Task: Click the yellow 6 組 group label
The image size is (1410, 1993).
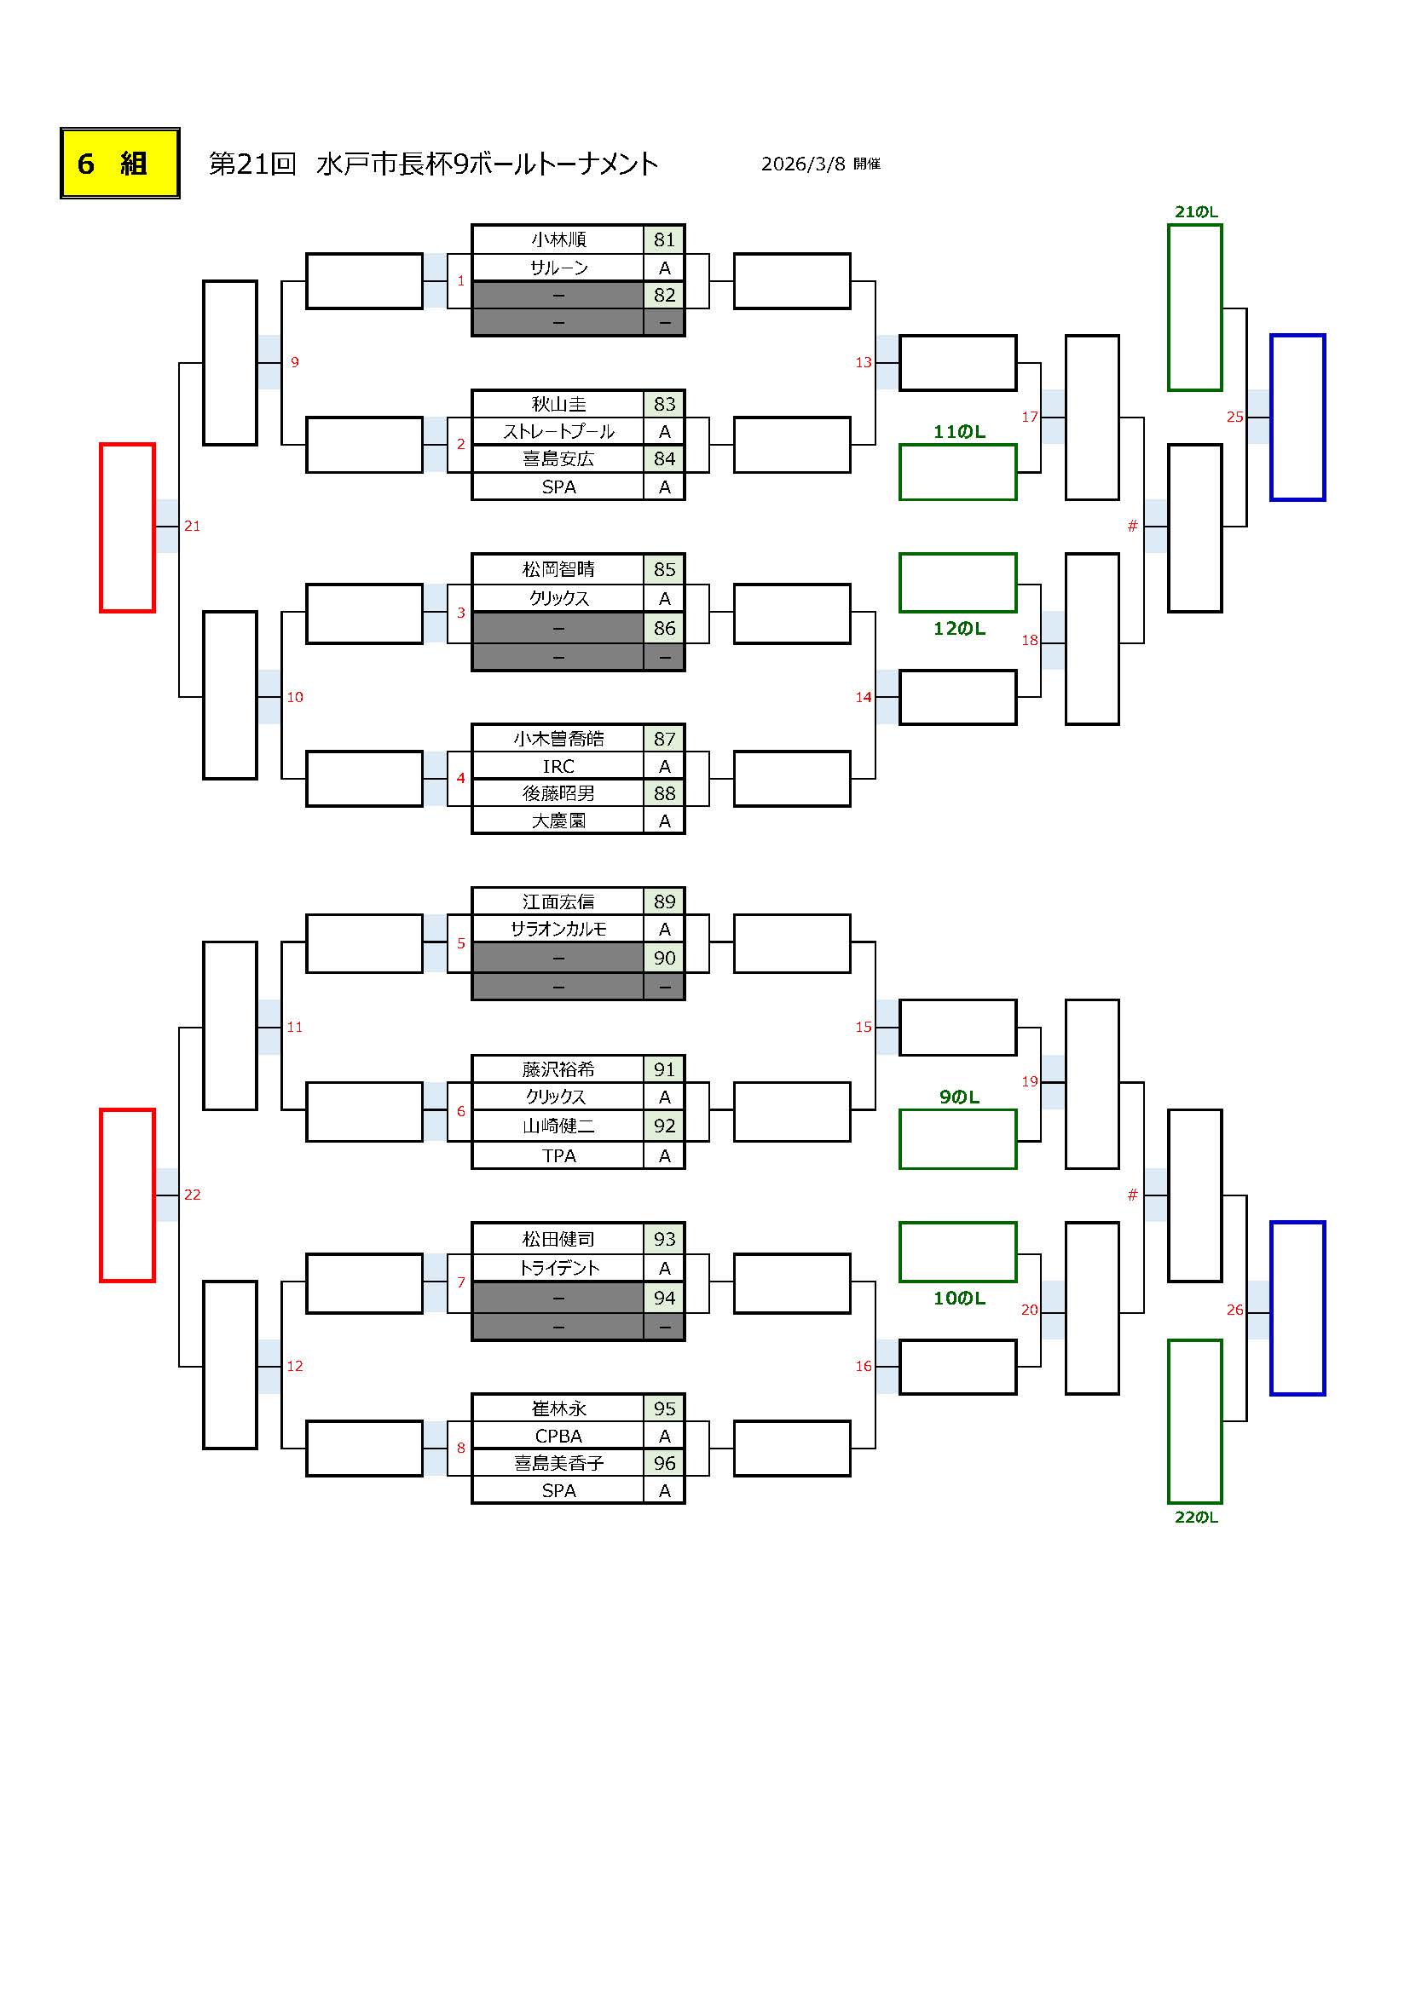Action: [x=120, y=164]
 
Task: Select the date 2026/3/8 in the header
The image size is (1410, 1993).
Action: [x=802, y=164]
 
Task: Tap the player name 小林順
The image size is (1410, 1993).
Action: [x=558, y=239]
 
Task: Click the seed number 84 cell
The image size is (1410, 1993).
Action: [x=664, y=458]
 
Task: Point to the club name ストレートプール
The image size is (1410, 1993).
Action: [x=558, y=431]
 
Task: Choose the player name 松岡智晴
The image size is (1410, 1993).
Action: [x=558, y=569]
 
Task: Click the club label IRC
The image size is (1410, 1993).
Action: [x=558, y=767]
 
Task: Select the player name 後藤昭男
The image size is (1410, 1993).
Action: [x=558, y=793]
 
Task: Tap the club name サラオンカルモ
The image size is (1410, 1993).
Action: [x=558, y=929]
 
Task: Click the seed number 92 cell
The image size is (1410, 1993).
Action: [x=664, y=1126]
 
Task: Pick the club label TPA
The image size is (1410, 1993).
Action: [x=558, y=1155]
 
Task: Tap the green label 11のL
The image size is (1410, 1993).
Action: [x=958, y=432]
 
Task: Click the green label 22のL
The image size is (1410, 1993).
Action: [x=1195, y=1518]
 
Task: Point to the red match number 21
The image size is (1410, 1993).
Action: [x=192, y=526]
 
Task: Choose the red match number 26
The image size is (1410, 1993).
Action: [x=1234, y=1310]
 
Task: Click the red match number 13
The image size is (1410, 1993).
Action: [x=863, y=363]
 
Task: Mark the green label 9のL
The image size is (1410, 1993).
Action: [x=958, y=1097]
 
